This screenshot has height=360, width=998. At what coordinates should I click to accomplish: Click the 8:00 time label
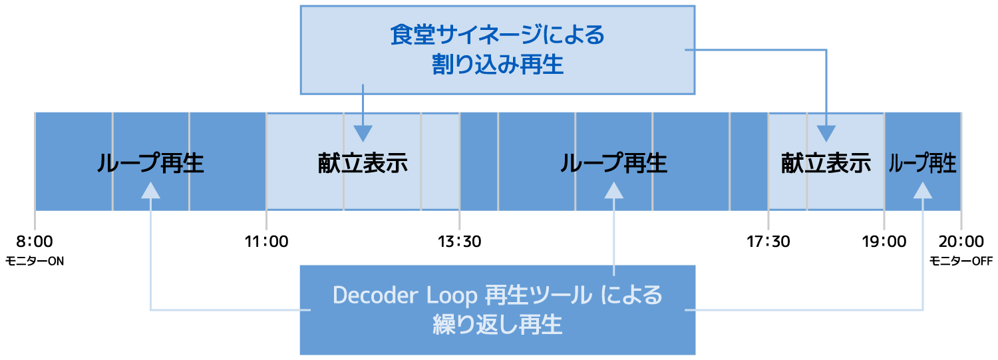35,242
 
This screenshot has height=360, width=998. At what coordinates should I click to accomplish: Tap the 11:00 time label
266,242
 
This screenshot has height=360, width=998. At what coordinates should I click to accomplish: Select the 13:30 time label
459,242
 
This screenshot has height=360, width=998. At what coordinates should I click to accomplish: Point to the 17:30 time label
768,242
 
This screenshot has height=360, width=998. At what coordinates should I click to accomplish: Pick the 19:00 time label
884,242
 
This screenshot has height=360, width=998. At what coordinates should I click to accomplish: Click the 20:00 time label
961,242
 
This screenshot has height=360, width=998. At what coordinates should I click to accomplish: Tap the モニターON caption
35,261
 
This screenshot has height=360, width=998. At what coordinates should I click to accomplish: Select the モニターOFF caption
961,261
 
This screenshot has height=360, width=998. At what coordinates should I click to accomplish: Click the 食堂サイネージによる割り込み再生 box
498,50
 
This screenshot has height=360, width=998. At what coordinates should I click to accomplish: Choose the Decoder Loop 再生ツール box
498,310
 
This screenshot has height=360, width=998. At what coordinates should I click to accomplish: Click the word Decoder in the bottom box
376,295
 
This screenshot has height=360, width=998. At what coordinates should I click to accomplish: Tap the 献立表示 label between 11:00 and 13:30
363,163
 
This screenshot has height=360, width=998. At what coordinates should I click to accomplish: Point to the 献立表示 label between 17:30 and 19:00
826,163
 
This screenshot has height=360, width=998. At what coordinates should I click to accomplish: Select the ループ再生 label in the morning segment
150,163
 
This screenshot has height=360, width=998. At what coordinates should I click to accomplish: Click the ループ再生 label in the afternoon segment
613,163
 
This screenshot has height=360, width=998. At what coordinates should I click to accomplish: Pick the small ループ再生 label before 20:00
922,163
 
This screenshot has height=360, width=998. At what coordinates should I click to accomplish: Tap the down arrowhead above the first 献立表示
363,134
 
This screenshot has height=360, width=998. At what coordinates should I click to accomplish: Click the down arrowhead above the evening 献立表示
826,134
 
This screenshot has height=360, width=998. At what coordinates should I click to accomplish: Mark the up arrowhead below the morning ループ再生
150,190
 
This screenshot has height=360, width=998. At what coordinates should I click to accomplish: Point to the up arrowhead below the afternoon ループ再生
613,190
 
